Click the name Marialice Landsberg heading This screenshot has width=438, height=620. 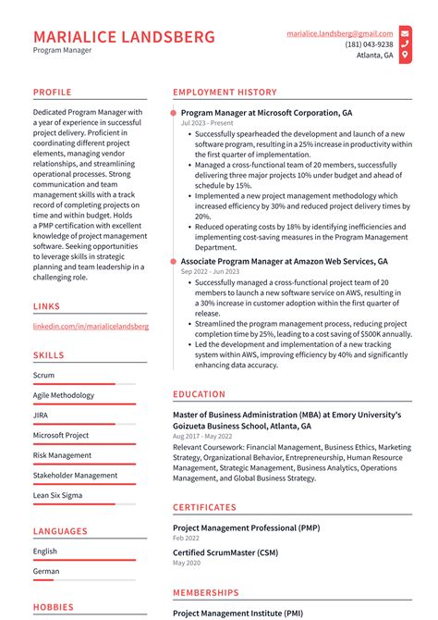[124, 37]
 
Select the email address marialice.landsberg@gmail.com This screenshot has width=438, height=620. [339, 32]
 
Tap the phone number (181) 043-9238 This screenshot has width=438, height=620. [369, 43]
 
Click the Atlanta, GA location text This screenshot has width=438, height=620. [374, 56]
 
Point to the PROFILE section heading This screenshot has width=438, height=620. [52, 93]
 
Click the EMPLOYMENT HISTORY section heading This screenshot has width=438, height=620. [225, 93]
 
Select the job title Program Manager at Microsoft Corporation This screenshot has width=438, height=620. [266, 112]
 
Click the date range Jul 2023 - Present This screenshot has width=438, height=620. [207, 123]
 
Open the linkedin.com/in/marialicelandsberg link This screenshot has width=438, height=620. [91, 327]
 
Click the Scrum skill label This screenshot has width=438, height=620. [44, 376]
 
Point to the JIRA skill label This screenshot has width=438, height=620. [41, 415]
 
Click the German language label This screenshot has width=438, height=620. [45, 571]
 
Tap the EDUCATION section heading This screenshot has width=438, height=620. [199, 394]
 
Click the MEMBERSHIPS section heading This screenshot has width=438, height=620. [205, 592]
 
